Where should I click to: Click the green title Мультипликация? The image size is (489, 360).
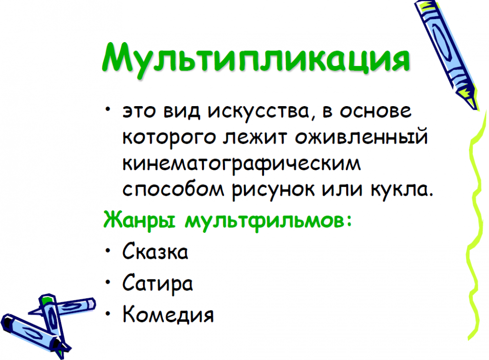tap(256, 59)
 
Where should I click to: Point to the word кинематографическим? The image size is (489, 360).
tap(242, 164)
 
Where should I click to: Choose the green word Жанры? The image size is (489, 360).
tap(139, 220)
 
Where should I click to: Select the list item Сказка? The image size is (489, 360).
tap(156, 251)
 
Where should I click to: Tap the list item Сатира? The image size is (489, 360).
tap(157, 283)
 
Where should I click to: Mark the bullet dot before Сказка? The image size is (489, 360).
tap(108, 250)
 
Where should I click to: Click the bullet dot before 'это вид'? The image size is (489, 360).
tap(108, 109)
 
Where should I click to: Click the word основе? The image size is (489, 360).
tap(376, 111)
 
